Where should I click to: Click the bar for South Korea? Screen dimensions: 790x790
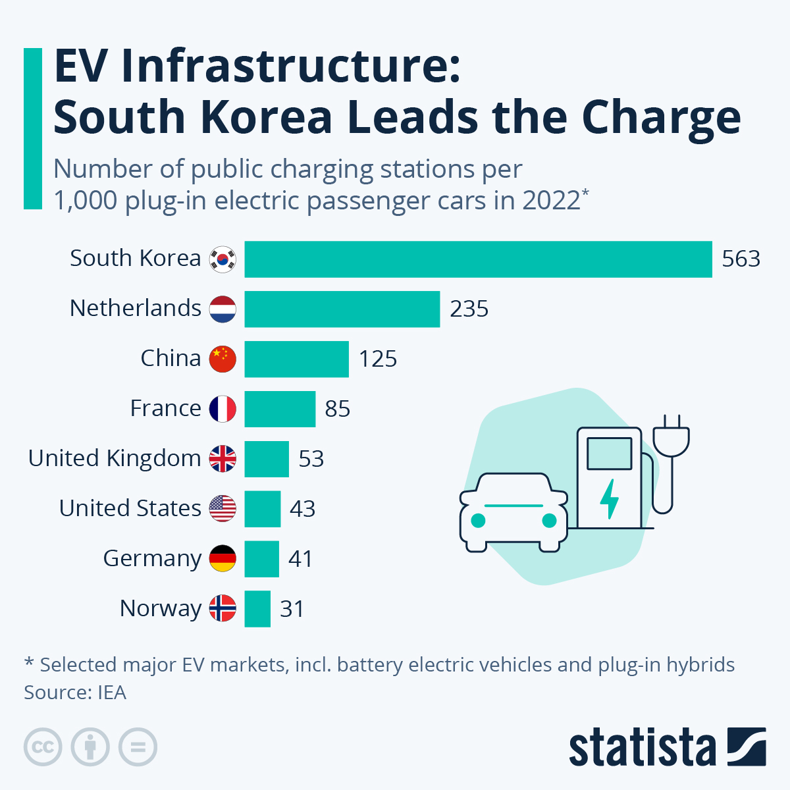click(478, 259)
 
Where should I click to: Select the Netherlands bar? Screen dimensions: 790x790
click(342, 309)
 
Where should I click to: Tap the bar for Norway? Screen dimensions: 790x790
click(257, 609)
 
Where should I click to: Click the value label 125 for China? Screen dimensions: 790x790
click(378, 359)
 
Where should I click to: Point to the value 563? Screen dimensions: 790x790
click(741, 259)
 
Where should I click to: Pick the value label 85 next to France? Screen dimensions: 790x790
click(337, 409)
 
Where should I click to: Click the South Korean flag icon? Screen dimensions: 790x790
click(223, 259)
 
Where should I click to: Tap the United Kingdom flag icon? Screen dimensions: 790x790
click(223, 459)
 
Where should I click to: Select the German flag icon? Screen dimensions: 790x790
click(223, 559)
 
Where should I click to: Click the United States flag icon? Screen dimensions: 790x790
click(223, 509)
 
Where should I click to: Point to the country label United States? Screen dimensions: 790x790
click(130, 509)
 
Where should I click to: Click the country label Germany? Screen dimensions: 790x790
click(152, 559)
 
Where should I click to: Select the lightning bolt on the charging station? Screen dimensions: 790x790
click(610, 498)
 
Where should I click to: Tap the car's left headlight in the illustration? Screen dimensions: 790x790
click(479, 521)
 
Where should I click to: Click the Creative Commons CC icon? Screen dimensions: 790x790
click(43, 747)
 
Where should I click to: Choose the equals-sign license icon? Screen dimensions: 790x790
click(138, 747)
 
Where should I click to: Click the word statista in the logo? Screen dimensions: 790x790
click(642, 748)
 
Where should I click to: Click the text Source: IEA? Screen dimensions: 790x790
click(75, 693)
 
